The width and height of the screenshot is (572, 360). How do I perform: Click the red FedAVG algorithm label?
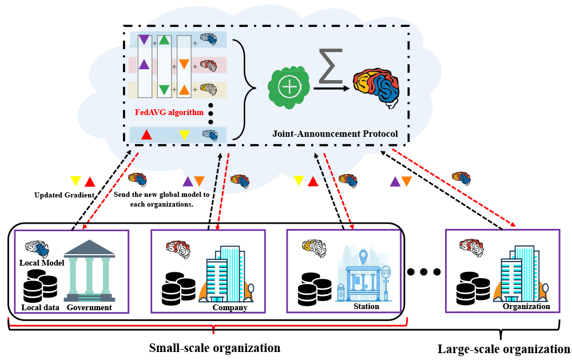coord(169,113)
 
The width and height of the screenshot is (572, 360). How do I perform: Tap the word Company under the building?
coord(229,307)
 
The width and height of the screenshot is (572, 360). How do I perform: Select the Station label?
coord(366,306)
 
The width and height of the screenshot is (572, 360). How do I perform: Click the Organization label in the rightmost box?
coord(526,306)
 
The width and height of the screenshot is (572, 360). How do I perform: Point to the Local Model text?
coord(42,263)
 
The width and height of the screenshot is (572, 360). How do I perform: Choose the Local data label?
coord(41,307)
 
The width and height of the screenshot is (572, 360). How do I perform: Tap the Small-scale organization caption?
coord(214,347)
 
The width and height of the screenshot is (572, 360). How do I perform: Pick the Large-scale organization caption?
coord(503,349)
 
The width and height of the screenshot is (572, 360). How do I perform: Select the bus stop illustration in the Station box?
coord(364,275)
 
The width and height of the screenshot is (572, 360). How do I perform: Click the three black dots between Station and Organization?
coord(424,271)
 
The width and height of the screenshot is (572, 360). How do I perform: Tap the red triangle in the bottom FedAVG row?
coord(146,135)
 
